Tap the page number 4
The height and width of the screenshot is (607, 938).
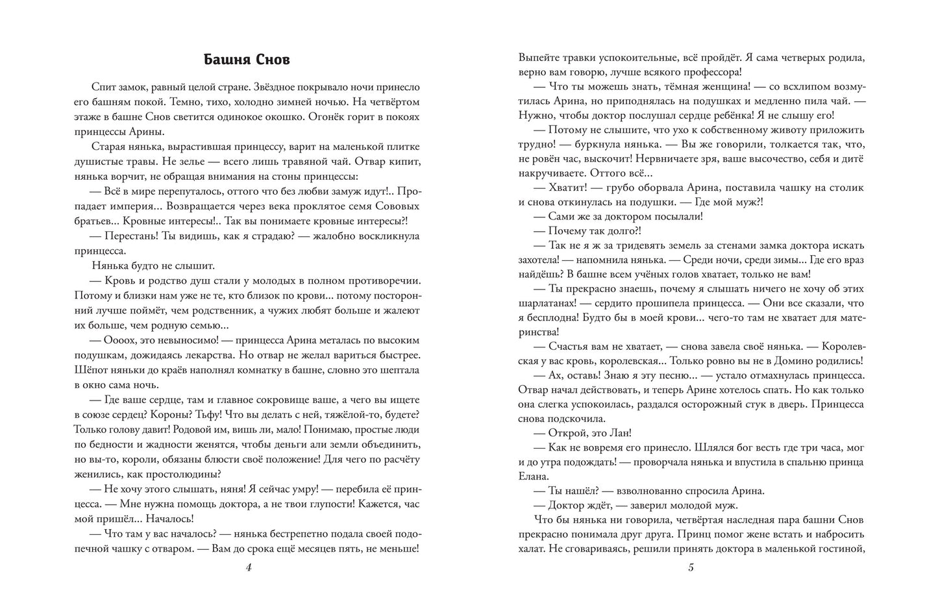(x=249, y=567)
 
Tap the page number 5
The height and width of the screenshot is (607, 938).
(x=691, y=567)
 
